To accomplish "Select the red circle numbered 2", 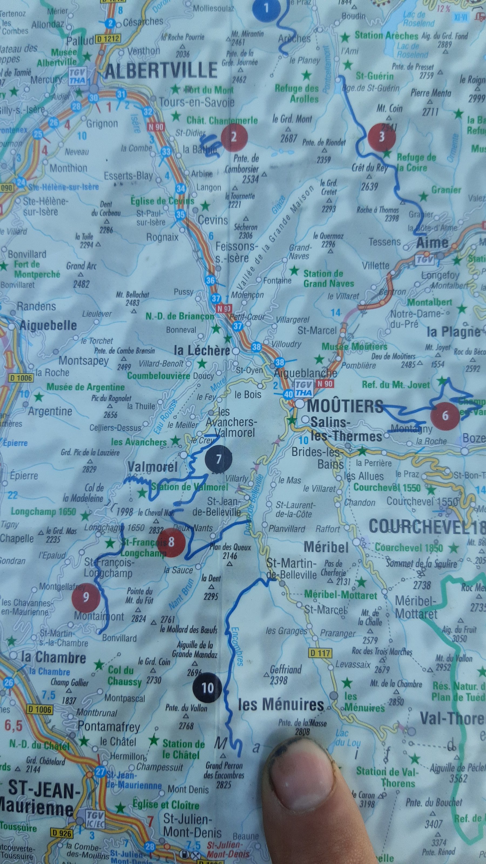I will pos(234,137).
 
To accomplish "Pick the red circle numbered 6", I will pos(445,416).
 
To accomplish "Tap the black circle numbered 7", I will pos(218,459).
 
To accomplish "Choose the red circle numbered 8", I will pos(171,542).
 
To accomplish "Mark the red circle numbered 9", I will pos(86,597).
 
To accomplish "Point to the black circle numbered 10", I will pos(207,688).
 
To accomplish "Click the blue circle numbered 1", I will pos(267,8).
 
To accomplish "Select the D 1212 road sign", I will pos(108,39).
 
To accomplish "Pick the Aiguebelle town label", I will pos(48,326).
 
